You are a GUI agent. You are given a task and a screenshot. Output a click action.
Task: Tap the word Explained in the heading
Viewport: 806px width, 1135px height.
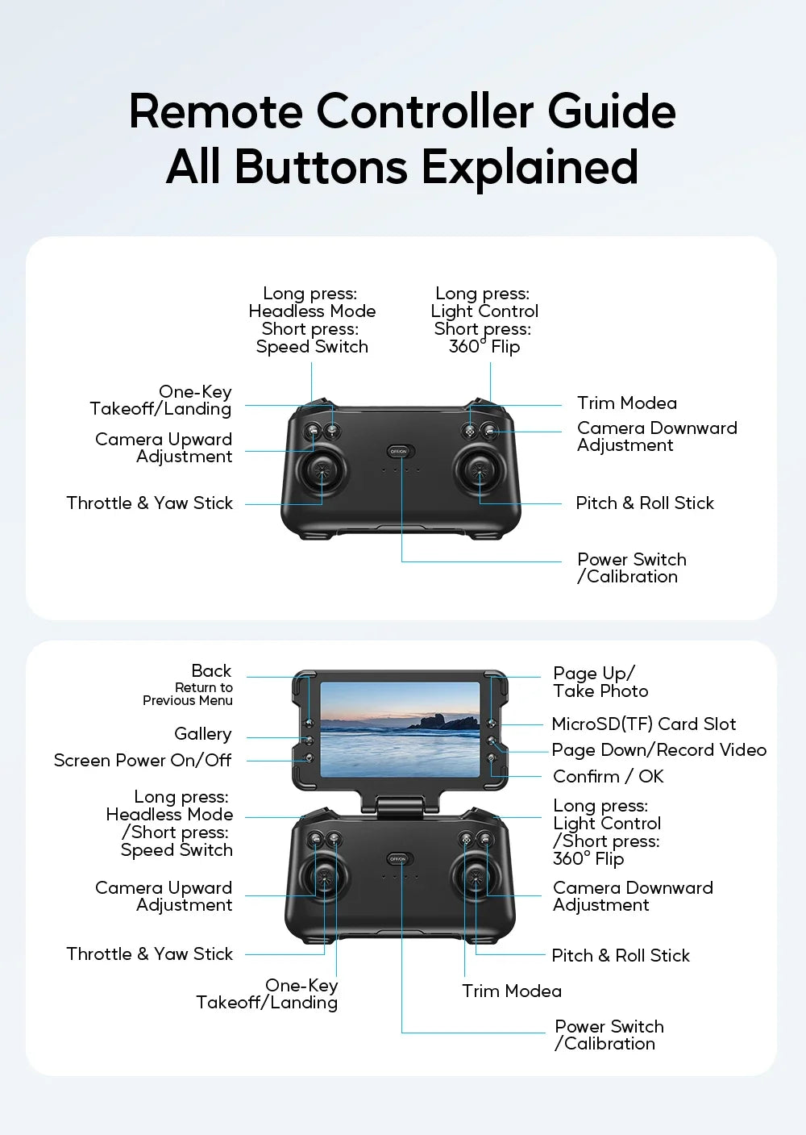pyautogui.click(x=530, y=167)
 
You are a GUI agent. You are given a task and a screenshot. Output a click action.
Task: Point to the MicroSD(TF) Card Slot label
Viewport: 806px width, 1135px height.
pyautogui.click(x=643, y=724)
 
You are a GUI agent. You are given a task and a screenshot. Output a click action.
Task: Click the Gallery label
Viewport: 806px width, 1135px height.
pyautogui.click(x=203, y=734)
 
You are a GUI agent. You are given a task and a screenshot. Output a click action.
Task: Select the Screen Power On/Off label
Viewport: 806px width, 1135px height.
pyautogui.click(x=143, y=760)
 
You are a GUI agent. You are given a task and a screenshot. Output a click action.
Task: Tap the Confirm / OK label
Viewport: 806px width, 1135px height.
pyautogui.click(x=608, y=776)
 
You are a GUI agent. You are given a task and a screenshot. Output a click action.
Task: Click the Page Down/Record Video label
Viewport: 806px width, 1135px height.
pyautogui.click(x=659, y=749)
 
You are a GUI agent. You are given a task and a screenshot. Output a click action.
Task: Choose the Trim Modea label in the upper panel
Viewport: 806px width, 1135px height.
pyautogui.click(x=626, y=403)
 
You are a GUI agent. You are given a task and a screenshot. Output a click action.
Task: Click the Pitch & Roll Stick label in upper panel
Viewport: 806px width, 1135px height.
pyautogui.click(x=645, y=503)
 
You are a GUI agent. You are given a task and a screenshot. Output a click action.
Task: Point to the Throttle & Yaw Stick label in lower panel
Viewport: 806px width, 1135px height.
pyautogui.click(x=149, y=953)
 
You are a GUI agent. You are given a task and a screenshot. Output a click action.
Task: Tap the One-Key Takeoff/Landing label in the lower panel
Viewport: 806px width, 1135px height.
pyautogui.click(x=267, y=994)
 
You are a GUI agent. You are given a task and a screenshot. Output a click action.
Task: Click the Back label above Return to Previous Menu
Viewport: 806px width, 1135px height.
pyautogui.click(x=211, y=671)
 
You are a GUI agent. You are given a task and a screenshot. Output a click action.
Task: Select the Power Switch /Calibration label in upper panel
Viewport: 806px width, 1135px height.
pyautogui.click(x=631, y=568)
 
